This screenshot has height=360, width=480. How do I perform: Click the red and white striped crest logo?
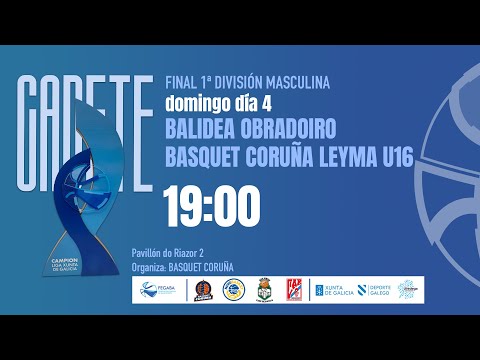pos(294,290)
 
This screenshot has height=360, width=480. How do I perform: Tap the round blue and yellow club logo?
pos(232,290)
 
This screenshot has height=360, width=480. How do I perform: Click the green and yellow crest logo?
pos(264,290)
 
